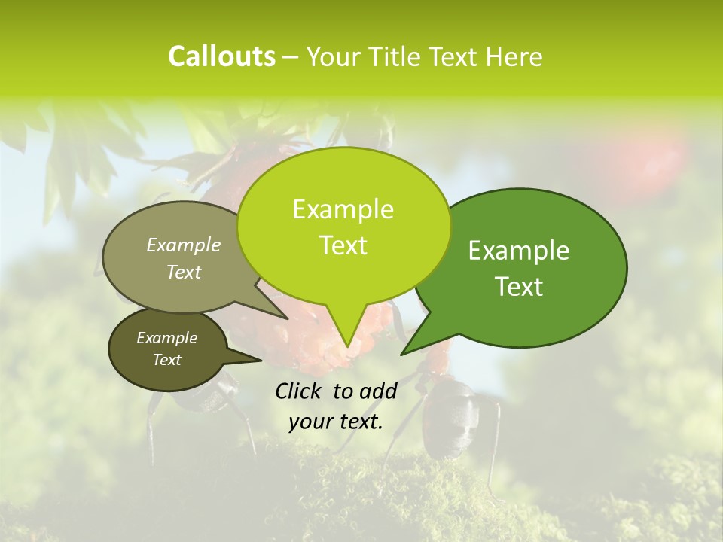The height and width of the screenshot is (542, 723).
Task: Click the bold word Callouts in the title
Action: point(221,56)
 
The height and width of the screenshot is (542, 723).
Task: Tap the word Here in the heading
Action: point(513,56)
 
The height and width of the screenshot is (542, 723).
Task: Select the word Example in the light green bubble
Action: point(343,209)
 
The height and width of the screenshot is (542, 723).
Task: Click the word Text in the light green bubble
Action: point(343,245)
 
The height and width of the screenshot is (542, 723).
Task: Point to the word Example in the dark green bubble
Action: point(519,251)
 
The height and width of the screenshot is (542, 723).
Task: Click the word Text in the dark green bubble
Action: point(519,287)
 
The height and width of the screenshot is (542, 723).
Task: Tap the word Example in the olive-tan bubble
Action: point(184,245)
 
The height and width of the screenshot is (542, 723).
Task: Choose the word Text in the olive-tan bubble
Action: point(184,272)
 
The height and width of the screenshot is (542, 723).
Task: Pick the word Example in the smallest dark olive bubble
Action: point(166,338)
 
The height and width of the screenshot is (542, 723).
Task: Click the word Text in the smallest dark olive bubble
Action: point(166,360)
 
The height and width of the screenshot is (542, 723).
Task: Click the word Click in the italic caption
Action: point(300,391)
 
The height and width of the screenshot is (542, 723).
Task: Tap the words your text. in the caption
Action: point(335,422)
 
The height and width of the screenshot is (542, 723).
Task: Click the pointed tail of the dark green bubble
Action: point(404,352)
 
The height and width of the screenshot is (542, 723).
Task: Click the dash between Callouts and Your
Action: point(291,57)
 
